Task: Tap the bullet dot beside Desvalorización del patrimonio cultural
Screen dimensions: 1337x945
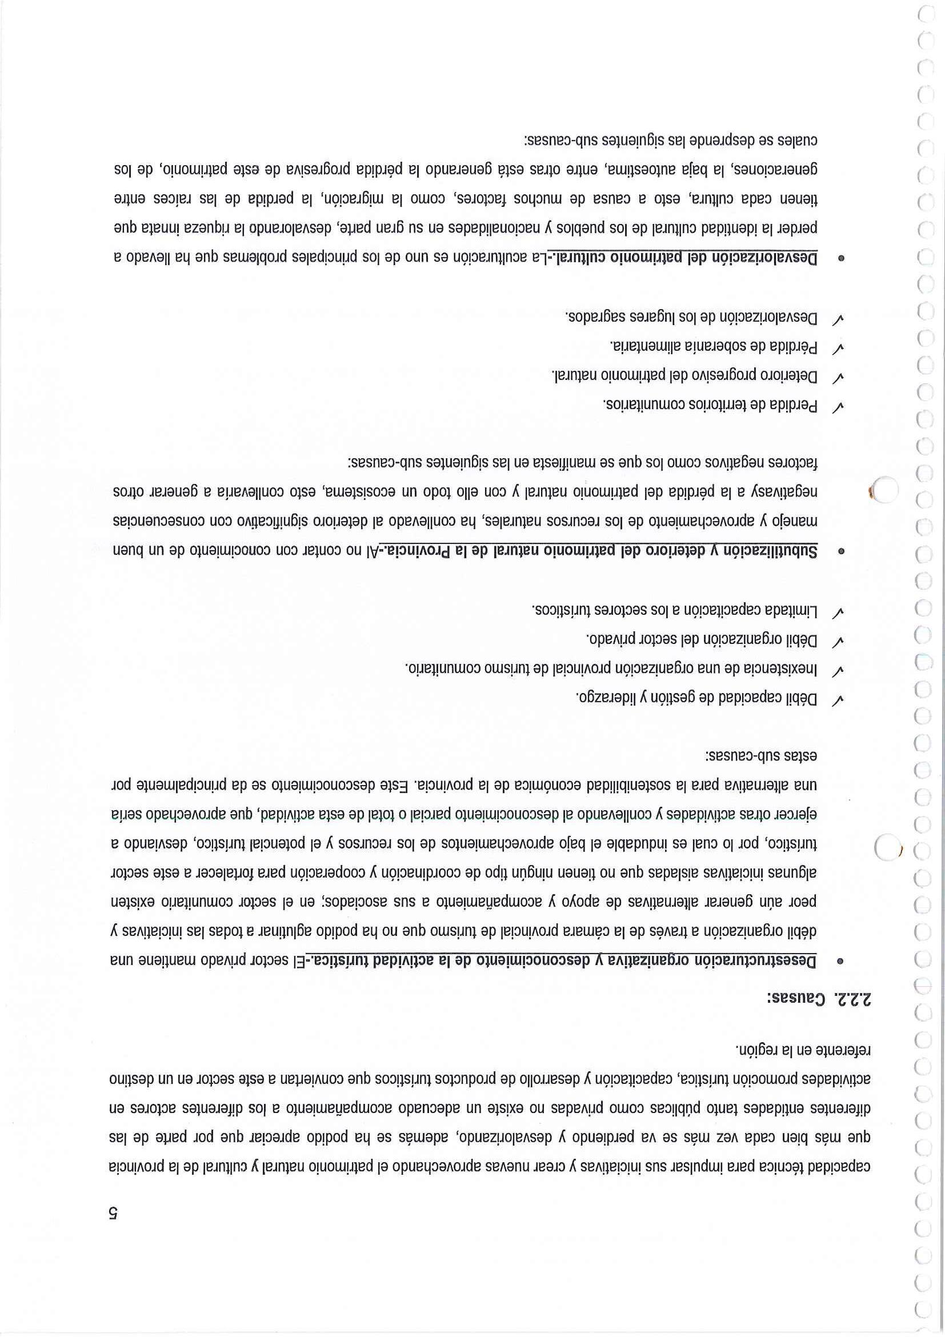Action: coord(840,257)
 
